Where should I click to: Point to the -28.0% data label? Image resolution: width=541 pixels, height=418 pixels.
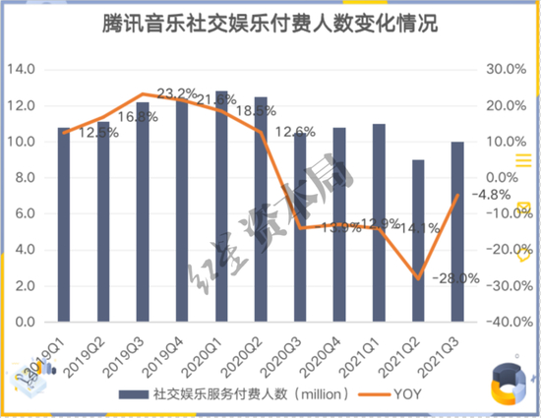click(x=453, y=278)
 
